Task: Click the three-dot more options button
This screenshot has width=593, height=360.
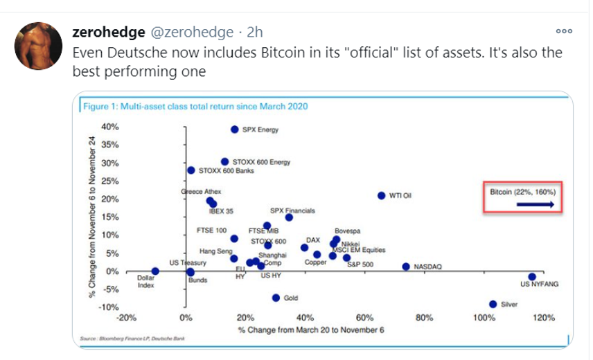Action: (565, 32)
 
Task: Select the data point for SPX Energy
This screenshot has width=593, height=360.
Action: (235, 129)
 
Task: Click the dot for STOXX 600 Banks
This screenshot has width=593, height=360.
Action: (191, 170)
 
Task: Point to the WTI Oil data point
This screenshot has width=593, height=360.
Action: (381, 196)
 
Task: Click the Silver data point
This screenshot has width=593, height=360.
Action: (493, 304)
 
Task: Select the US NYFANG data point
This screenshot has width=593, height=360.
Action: (532, 276)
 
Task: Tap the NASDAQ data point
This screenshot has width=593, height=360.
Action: (406, 267)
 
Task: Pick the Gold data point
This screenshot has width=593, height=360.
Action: (276, 298)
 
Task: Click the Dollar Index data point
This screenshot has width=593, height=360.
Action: (155, 271)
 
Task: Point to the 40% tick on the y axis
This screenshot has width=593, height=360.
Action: (110, 127)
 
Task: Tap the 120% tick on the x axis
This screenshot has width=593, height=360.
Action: (543, 318)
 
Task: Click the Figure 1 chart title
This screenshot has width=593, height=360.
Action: (195, 107)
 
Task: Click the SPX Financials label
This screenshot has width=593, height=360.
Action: (292, 210)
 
